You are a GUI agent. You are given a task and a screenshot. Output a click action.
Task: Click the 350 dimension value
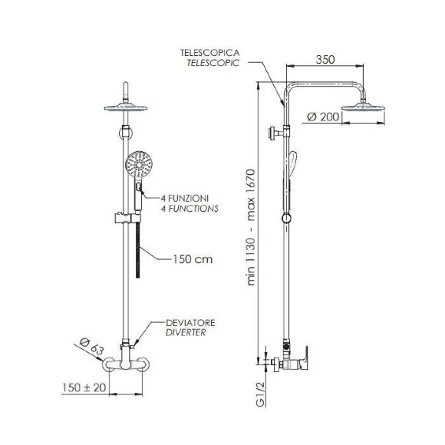point(325,60)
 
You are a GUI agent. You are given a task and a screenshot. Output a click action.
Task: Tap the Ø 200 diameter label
point(323,117)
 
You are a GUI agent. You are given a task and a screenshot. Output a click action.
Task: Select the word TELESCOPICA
point(210,52)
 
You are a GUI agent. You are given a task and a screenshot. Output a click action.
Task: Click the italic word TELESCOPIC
point(213,63)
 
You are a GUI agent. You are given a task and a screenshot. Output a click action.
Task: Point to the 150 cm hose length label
point(193,259)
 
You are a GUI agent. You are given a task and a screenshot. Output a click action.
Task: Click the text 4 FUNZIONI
point(185,198)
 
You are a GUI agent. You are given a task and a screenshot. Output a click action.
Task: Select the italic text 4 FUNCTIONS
point(190,209)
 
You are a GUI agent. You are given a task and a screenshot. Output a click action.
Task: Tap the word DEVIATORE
point(190,323)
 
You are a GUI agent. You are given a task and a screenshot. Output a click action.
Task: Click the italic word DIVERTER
point(186,333)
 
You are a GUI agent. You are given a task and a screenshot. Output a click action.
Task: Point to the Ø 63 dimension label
point(91,346)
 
